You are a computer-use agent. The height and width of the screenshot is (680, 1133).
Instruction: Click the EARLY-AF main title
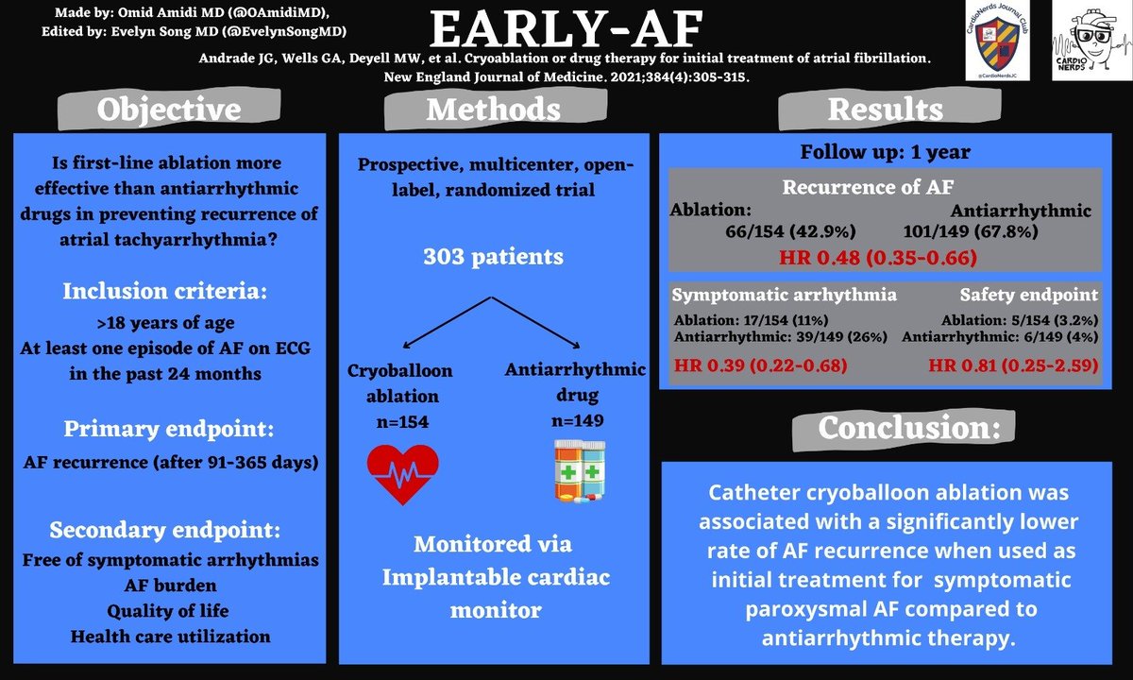567,30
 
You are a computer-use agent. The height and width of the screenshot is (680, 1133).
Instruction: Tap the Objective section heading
170,110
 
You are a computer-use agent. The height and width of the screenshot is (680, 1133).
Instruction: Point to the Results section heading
885,110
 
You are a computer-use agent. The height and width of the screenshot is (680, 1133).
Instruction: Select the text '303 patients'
494,256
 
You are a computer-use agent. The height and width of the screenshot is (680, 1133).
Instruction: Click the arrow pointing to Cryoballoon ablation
443,322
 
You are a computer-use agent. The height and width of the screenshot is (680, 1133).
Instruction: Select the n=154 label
398,421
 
